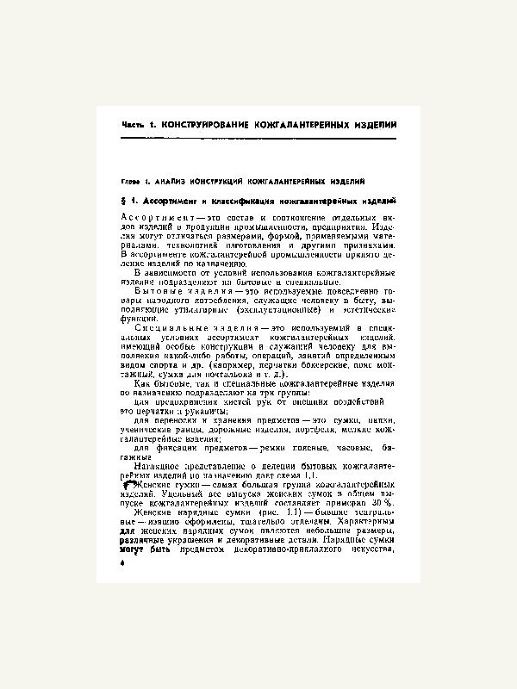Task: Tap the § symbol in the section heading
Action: [125, 201]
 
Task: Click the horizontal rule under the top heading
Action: [258, 138]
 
